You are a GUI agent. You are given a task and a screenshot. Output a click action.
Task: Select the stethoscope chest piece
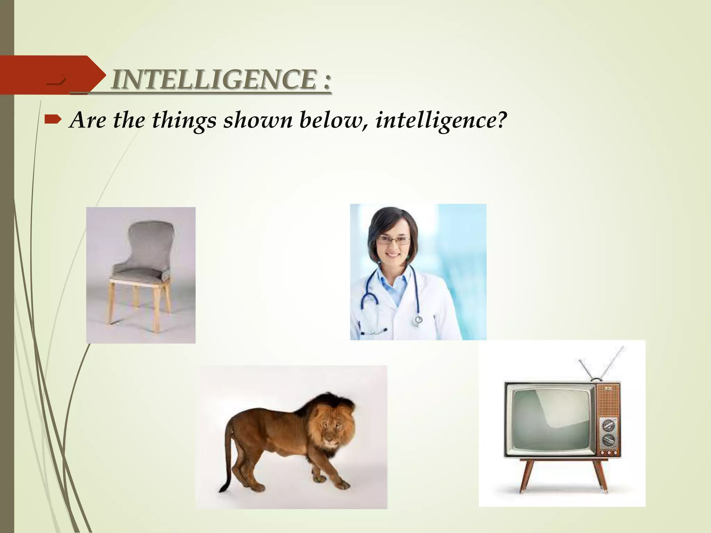418,320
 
